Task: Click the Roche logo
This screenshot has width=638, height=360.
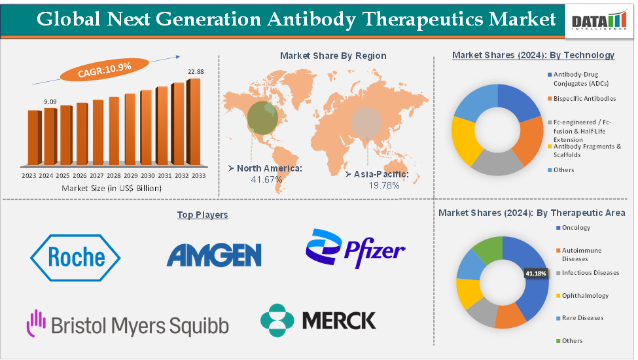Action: point(75,256)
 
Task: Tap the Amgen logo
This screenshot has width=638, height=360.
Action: point(214,255)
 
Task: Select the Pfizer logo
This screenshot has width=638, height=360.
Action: point(355,249)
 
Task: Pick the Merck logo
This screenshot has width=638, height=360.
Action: point(318,320)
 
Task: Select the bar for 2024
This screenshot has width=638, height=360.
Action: point(50,136)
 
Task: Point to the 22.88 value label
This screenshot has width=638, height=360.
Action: point(196,71)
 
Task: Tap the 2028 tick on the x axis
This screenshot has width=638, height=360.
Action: point(114,176)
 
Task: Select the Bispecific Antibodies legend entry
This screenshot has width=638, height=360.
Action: point(584,99)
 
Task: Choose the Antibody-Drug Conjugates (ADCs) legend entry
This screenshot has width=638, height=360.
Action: point(584,79)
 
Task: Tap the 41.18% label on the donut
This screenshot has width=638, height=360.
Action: point(536,274)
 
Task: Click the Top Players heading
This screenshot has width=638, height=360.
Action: point(202,215)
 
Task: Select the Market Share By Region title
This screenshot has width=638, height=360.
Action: point(333,56)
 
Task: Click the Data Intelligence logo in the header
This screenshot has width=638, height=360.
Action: point(599,21)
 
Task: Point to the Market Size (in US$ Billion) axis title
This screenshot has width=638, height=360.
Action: point(111,188)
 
